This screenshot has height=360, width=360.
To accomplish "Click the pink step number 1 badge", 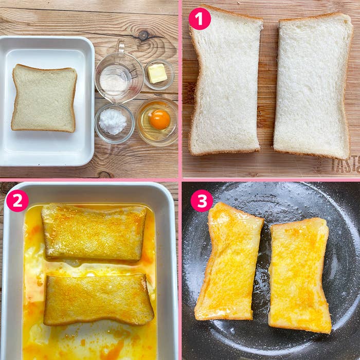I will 200,19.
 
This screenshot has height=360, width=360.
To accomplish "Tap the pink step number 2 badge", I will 17,201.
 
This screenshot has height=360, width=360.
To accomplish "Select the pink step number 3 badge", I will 201,201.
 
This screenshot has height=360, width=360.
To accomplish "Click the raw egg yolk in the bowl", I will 160,119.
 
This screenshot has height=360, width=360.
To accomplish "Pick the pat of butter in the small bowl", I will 157,74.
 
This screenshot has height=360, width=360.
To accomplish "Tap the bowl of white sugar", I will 113,122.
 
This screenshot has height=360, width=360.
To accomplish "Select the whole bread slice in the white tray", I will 44,98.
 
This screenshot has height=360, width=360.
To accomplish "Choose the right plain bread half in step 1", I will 313,85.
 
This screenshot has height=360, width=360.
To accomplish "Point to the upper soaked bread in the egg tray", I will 94,232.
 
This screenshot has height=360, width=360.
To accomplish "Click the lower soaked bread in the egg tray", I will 98,299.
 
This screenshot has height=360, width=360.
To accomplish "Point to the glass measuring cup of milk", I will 118,77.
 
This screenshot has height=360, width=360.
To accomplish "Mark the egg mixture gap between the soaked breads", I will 93,266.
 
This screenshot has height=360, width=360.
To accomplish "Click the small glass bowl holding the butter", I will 158,75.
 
